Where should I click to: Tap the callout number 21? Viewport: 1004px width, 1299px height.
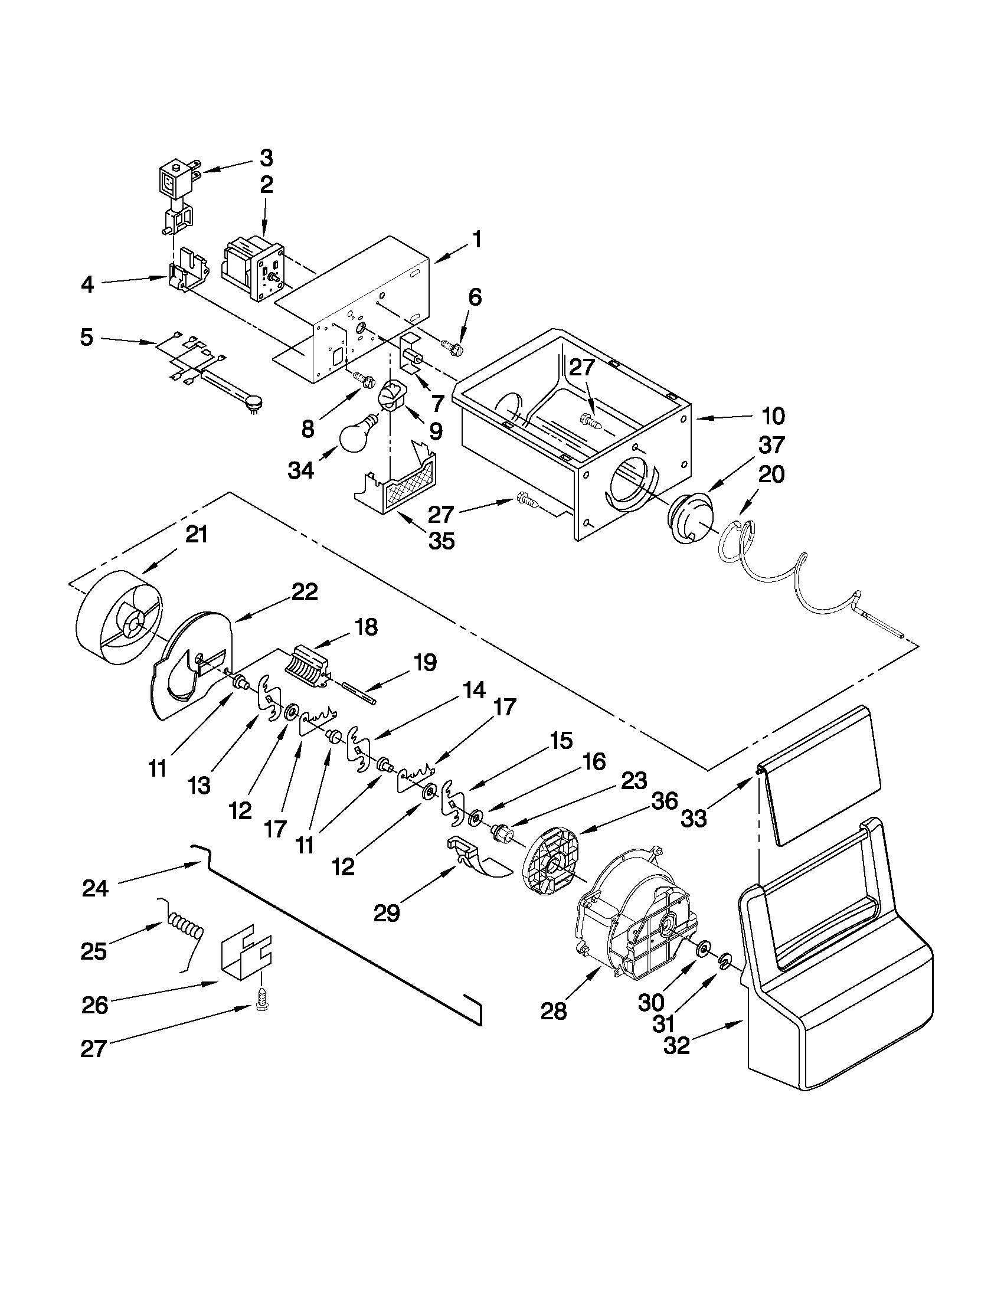197,534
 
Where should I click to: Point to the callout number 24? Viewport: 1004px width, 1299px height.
95,889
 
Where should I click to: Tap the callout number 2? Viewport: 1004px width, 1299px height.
266,184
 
